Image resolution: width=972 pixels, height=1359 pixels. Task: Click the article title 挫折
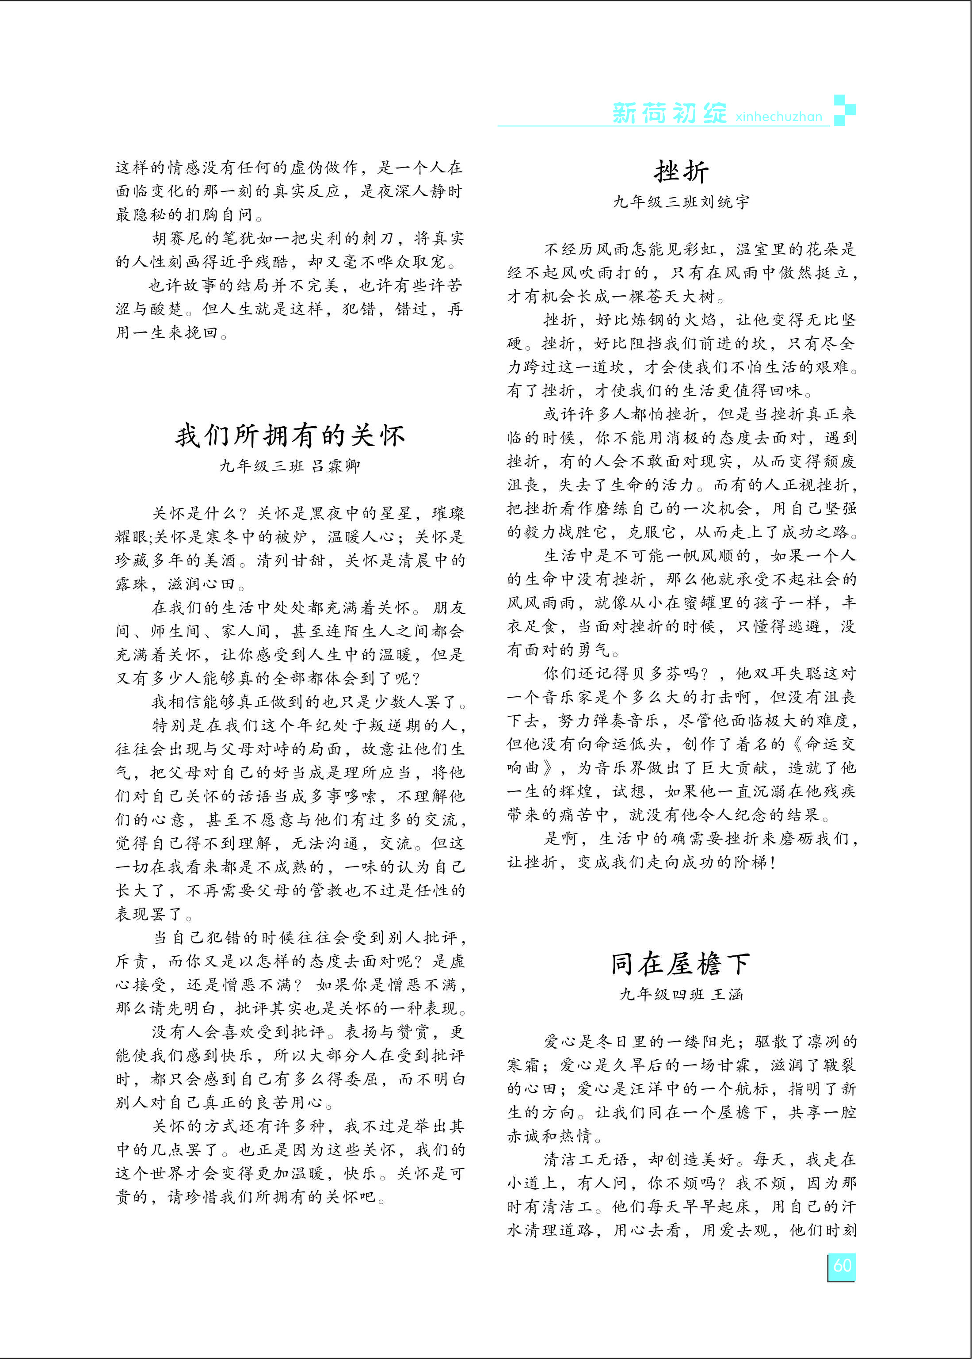point(681,172)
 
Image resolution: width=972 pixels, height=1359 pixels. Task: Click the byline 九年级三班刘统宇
point(681,202)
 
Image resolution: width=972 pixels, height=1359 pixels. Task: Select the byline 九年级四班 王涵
point(681,994)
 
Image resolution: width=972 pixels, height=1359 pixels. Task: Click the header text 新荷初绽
point(669,113)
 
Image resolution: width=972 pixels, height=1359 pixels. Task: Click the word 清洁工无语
point(587,1160)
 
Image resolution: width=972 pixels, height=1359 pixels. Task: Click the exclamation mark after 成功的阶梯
point(773,863)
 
